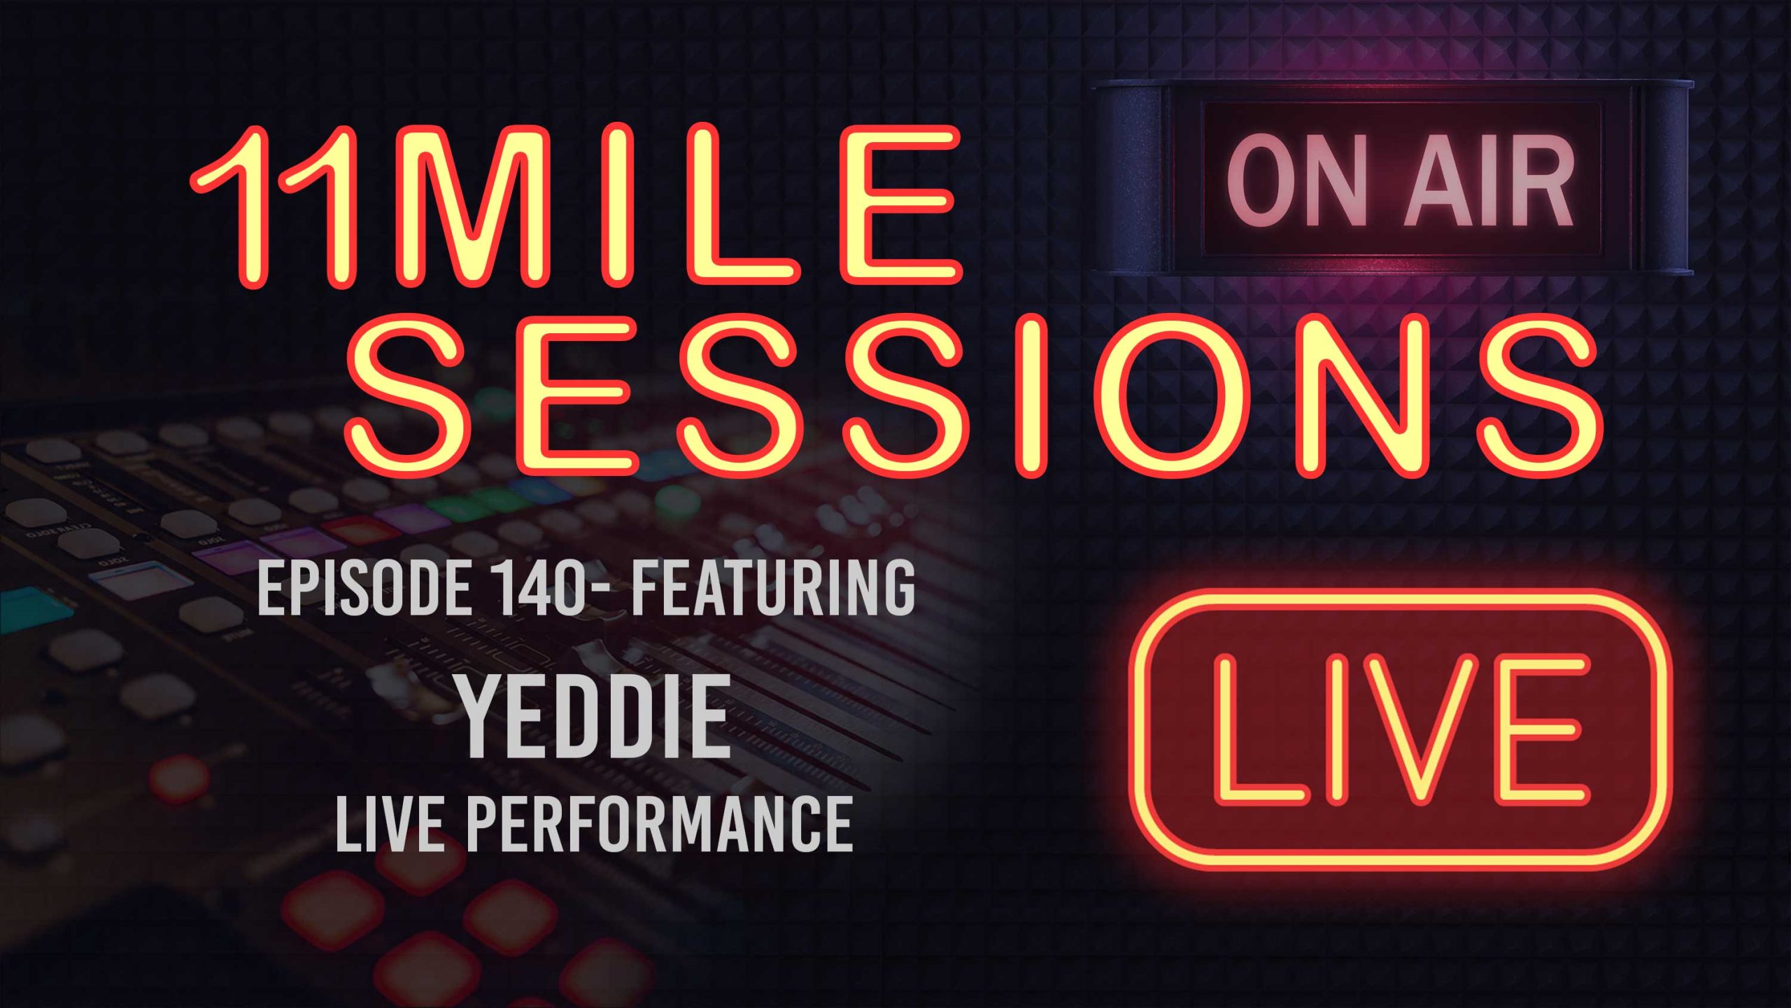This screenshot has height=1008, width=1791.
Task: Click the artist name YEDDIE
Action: point(595,718)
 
